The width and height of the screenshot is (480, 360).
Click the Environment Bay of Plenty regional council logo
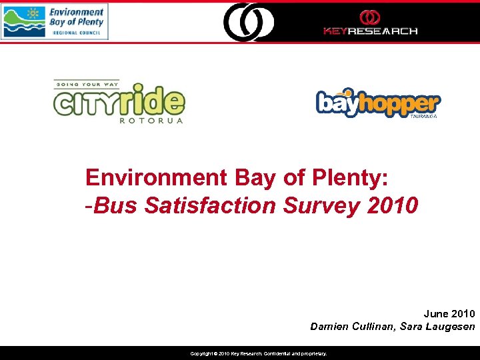(x=54, y=21)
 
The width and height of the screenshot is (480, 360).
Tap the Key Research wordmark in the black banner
(x=370, y=31)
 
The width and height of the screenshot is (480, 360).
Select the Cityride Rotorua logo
(x=119, y=102)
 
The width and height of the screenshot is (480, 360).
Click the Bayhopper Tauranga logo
(x=377, y=103)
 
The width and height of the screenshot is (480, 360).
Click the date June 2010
(x=449, y=313)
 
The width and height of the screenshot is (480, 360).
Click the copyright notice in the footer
(x=259, y=353)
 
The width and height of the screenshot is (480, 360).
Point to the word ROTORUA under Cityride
(x=151, y=121)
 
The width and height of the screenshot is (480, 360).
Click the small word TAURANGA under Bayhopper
(x=419, y=115)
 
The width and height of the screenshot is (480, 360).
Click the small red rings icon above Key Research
(x=370, y=17)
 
